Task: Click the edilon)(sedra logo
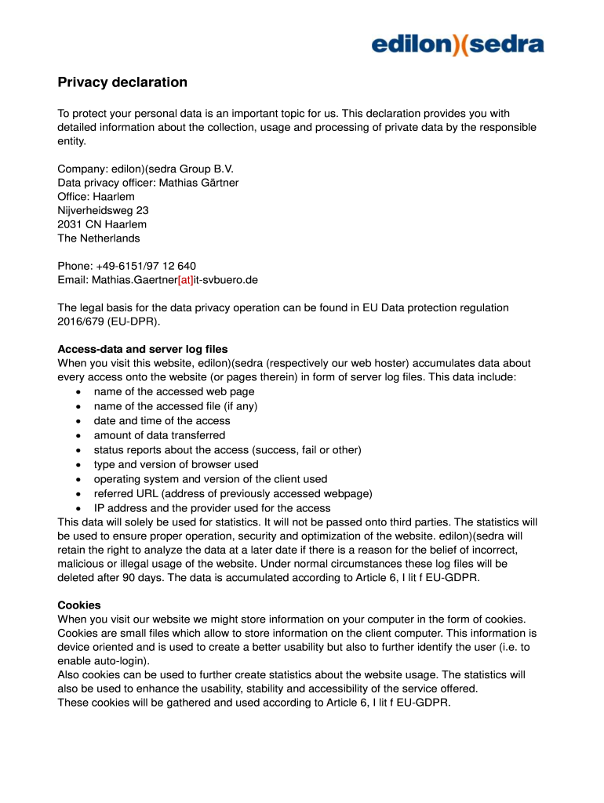click(x=457, y=45)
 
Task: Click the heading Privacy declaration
click(x=122, y=82)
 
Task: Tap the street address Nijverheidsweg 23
click(x=103, y=210)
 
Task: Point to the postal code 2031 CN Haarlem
click(x=102, y=224)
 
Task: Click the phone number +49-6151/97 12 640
click(x=144, y=266)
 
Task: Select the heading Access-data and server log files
click(x=143, y=349)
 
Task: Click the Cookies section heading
click(x=78, y=605)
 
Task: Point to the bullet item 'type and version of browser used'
click(x=176, y=464)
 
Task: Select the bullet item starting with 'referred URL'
click(x=232, y=493)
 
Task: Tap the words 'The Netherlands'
click(x=99, y=238)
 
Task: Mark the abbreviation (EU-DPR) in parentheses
click(x=133, y=322)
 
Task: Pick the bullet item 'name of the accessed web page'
click(x=173, y=391)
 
